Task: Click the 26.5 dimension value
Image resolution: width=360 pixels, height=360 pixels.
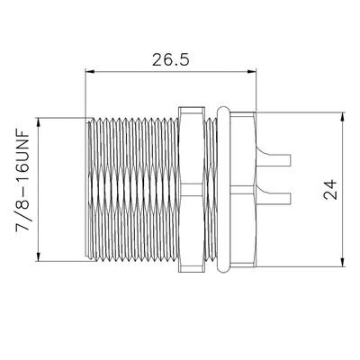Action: (171, 59)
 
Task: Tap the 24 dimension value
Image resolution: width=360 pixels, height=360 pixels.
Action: (330, 190)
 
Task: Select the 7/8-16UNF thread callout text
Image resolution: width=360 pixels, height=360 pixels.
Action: (22, 180)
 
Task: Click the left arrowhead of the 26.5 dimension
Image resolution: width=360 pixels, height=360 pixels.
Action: (89, 71)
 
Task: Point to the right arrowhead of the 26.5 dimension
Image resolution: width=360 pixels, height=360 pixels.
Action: (253, 71)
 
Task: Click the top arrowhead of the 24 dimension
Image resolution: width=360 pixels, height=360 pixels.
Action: (343, 117)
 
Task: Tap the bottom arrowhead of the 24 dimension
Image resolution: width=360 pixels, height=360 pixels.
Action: (343, 263)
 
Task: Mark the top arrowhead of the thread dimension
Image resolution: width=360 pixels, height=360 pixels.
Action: (38, 121)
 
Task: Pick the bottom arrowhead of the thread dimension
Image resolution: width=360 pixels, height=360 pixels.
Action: (38, 257)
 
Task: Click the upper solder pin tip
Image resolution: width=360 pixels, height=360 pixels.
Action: (291, 160)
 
